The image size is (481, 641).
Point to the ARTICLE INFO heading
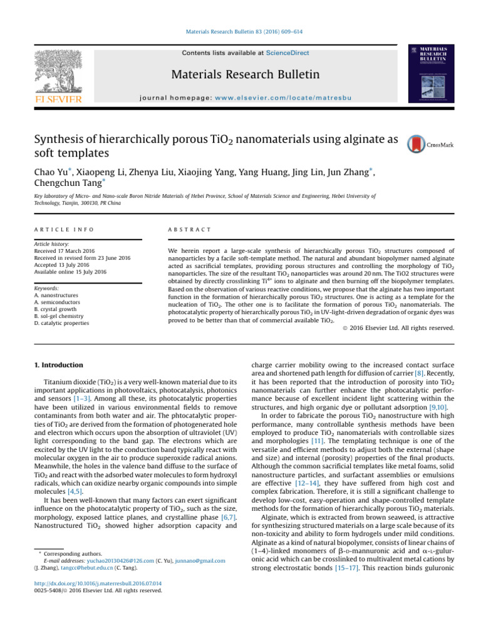[x=56, y=230]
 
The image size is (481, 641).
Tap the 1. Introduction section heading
[x=57, y=365]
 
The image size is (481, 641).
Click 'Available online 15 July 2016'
[x=70, y=272]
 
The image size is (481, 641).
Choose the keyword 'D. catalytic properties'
[x=61, y=324]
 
